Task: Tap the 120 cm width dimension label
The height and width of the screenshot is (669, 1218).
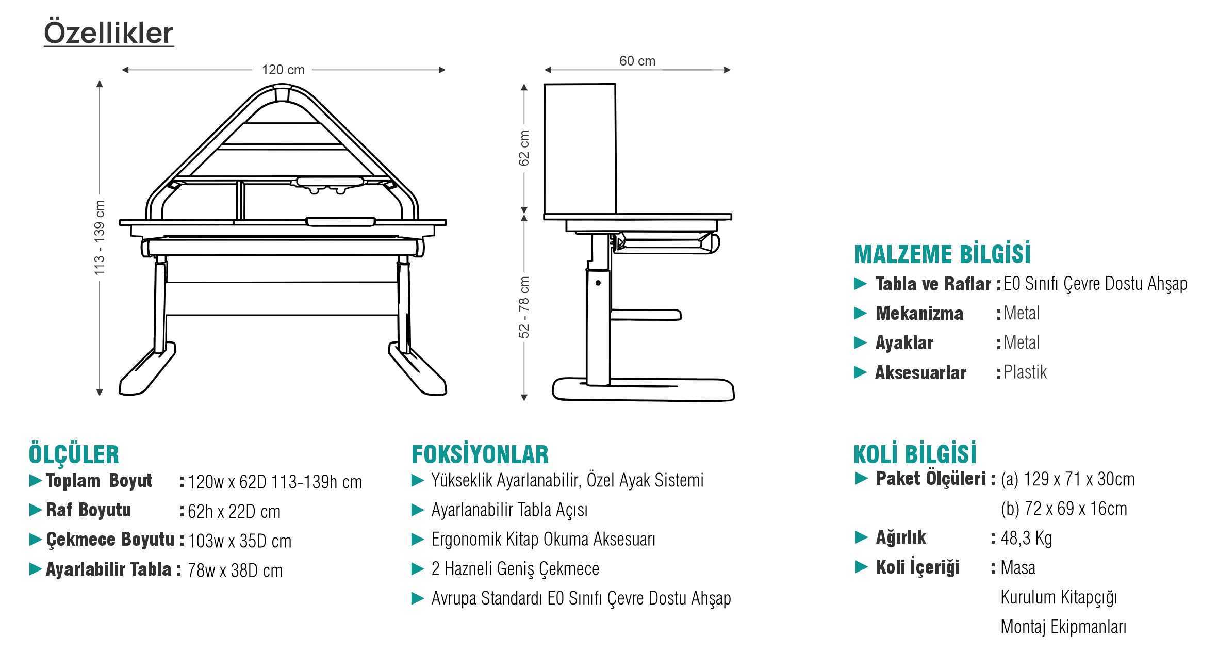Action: coord(283,70)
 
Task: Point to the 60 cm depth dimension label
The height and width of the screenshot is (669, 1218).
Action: coord(637,61)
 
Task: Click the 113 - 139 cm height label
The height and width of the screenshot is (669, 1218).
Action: coord(99,237)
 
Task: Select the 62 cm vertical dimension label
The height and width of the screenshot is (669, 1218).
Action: coord(524,148)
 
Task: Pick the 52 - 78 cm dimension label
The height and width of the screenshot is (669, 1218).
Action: coord(524,307)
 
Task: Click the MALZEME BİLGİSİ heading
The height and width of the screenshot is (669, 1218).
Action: coord(942,254)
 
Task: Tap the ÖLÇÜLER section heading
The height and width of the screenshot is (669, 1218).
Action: coord(74,454)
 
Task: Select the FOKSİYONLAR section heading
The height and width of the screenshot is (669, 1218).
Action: coord(480,454)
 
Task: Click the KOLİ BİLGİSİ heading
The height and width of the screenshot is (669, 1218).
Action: coord(915,454)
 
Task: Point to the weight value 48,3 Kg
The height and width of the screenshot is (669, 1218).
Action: coord(1026,538)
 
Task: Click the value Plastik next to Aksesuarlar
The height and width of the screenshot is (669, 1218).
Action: coord(1025,372)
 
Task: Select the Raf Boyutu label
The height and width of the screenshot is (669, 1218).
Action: coord(89,510)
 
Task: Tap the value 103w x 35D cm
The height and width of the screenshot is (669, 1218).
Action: coord(240,541)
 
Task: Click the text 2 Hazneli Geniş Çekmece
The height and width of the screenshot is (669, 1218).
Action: coord(515,568)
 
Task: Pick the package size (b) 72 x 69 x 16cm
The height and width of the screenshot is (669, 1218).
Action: coord(1063,509)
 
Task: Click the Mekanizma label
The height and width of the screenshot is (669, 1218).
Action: coord(919,313)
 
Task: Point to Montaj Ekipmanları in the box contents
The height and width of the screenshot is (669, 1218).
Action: coord(1063,627)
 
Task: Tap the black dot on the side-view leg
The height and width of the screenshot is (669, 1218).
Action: coord(598,283)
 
